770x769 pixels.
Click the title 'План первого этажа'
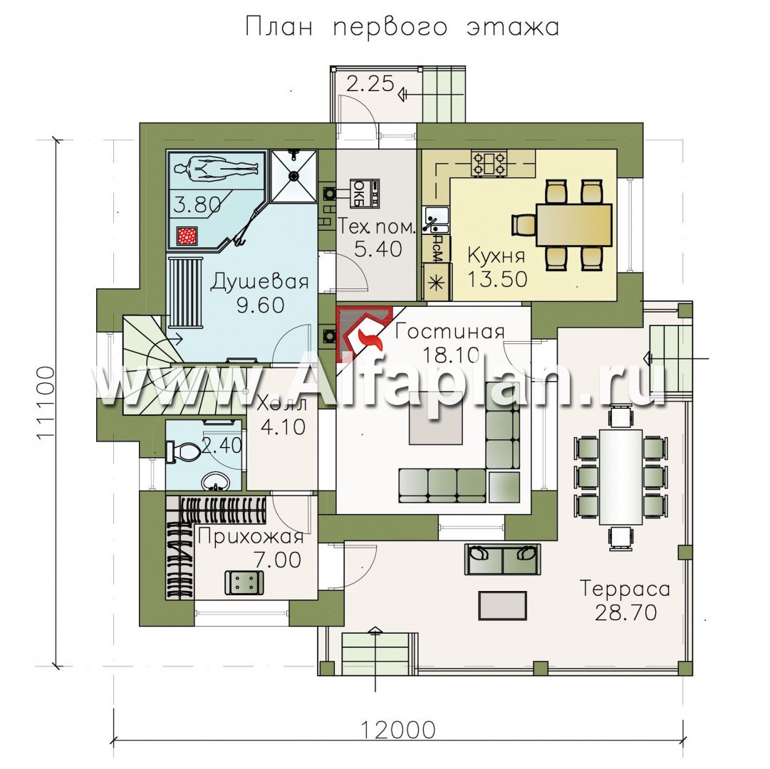402,28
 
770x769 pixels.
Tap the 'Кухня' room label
496,256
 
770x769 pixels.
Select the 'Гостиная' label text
450,333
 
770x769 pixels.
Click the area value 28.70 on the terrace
625,612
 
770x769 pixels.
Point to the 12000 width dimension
399,730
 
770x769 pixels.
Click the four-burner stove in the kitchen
489,164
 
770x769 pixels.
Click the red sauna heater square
187,236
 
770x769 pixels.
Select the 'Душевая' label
260,283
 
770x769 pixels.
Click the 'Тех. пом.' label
377,227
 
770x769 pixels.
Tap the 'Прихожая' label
251,536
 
